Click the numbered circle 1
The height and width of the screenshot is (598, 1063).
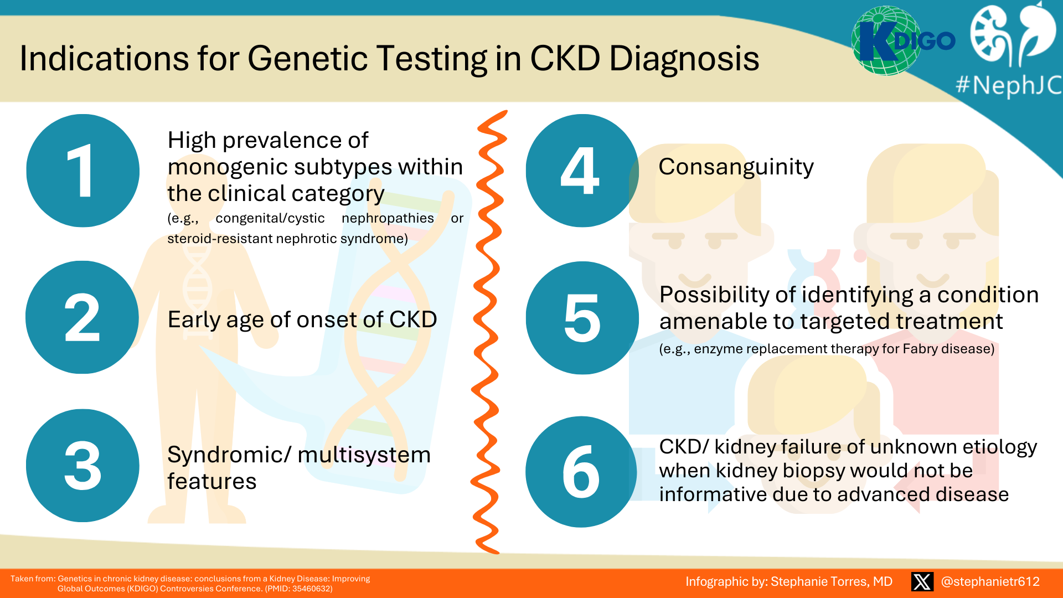[83, 171]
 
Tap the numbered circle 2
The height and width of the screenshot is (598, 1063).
[82, 317]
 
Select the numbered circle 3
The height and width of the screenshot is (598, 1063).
[82, 466]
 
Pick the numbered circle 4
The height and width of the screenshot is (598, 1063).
[582, 171]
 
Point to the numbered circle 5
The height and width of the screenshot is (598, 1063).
[582, 318]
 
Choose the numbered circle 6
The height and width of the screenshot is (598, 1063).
[581, 472]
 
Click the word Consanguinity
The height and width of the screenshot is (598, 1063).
[736, 167]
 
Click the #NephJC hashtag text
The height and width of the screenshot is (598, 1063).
[1008, 86]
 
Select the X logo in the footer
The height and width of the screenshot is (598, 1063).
[922, 581]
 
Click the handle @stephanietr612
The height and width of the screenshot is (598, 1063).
[990, 581]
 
